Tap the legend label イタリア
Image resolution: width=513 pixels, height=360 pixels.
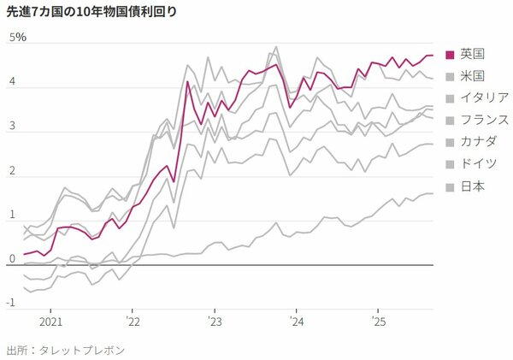click(484, 97)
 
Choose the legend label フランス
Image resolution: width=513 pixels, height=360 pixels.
click(484, 120)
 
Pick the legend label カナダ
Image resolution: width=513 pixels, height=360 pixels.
click(478, 142)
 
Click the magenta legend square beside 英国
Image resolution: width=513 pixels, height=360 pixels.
click(451, 53)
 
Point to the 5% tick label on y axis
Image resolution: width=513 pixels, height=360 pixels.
click(18, 38)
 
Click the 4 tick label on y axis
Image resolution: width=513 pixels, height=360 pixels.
click(13, 82)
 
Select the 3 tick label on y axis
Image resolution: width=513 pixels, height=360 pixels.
click(13, 127)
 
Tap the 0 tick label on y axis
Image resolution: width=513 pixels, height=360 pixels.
click(13, 258)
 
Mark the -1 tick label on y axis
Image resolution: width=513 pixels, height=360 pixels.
click(11, 303)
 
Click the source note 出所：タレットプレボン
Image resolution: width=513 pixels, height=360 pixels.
click(65, 350)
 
